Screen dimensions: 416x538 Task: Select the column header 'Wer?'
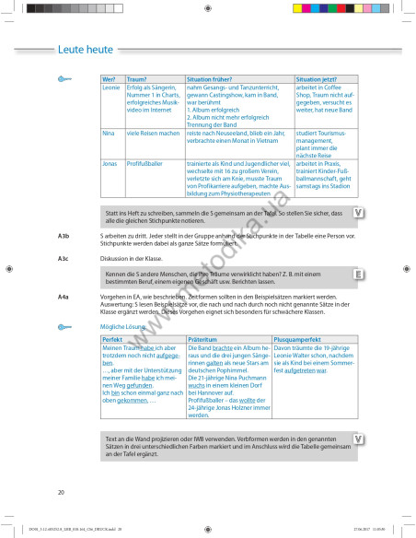coord(110,80)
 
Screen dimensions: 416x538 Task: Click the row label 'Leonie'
coord(111,88)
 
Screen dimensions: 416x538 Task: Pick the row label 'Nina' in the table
coord(109,134)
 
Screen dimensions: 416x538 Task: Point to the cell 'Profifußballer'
coord(147,162)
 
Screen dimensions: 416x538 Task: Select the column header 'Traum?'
coord(137,80)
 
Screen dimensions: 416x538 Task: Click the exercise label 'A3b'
coord(64,236)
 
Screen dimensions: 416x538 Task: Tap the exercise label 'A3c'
coord(64,259)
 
